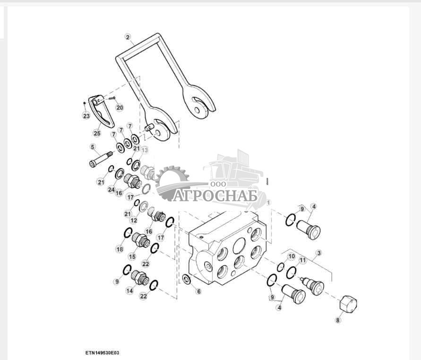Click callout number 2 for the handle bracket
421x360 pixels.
(128, 37)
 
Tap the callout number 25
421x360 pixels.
(97, 133)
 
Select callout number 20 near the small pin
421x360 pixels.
(120, 107)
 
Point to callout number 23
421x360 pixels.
(86, 116)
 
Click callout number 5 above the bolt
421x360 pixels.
(93, 147)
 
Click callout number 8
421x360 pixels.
(338, 320)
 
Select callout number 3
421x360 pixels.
(319, 253)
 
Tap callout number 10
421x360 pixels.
(292, 256)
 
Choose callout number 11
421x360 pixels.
(302, 260)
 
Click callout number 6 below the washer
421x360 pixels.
(198, 291)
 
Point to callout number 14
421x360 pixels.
(129, 290)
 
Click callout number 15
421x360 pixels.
(132, 256)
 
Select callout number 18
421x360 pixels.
(120, 249)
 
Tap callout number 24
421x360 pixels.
(112, 190)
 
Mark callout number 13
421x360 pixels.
(145, 150)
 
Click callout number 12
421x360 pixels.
(133, 220)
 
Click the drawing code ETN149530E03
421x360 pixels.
(102, 352)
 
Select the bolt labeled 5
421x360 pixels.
(101, 159)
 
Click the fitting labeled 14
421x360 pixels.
(139, 278)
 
